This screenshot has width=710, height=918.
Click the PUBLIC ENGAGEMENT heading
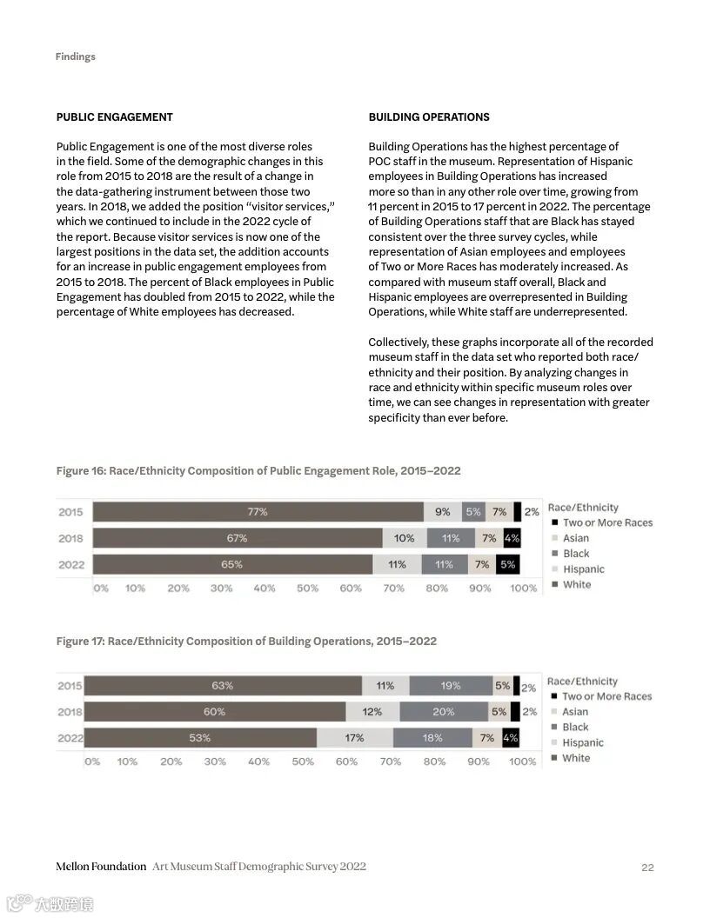tap(114, 117)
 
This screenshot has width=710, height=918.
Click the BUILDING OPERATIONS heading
tap(428, 117)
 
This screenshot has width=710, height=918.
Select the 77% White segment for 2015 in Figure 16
tap(258, 512)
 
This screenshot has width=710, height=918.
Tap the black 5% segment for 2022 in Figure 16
tap(507, 564)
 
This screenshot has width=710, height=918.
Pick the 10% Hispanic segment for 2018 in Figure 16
tap(404, 538)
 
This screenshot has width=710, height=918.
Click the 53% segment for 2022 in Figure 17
tap(200, 738)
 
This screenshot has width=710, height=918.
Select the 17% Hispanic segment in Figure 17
tap(354, 738)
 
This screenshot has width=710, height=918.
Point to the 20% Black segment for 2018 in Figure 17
tap(443, 712)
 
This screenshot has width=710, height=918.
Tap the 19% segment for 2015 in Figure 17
tap(450, 686)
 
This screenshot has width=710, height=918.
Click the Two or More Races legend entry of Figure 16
tap(606, 522)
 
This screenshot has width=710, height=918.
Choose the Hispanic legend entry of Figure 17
tap(582, 742)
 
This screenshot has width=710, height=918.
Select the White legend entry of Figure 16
tap(576, 584)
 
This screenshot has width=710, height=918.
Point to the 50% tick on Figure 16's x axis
tap(307, 589)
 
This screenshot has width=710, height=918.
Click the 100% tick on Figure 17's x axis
tap(522, 762)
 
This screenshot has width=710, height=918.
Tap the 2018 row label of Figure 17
tap(70, 712)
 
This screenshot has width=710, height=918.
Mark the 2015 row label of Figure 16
tap(70, 512)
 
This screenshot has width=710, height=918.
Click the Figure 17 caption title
tap(246, 642)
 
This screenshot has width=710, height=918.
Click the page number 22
tap(647, 867)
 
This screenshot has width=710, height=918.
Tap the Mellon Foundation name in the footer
tap(101, 867)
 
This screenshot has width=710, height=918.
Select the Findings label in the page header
tap(75, 57)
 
